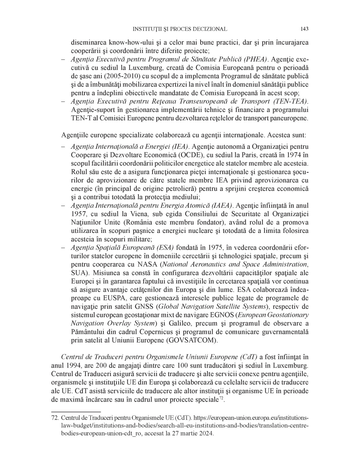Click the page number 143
[304, 29]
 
